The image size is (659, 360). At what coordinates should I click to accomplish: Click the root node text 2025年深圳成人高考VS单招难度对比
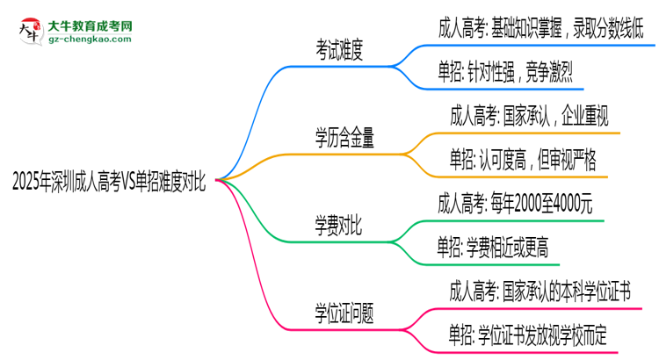pyautogui.click(x=109, y=182)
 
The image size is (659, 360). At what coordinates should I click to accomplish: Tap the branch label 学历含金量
pyautogui.click(x=345, y=137)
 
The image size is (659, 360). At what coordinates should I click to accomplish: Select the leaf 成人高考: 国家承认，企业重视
pyautogui.click(x=533, y=115)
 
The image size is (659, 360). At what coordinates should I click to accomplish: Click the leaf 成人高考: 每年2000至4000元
pyautogui.click(x=516, y=204)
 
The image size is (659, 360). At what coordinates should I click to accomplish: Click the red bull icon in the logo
pyautogui.click(x=28, y=31)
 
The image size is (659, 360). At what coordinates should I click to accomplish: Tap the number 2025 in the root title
pyautogui.click(x=25, y=182)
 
